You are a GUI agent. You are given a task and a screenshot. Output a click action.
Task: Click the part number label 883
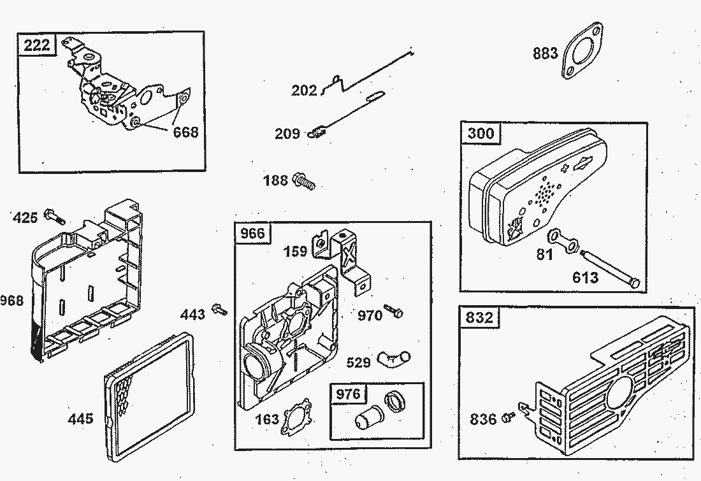coord(546,54)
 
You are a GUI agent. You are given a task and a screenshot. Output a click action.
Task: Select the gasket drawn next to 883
coord(583,51)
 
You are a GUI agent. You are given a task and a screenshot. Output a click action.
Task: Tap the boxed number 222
coord(38,46)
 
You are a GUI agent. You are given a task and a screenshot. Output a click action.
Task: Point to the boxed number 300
coord(481,134)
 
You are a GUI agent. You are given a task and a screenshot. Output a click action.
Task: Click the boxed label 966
coord(252,233)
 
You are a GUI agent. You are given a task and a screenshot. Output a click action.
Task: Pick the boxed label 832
coord(479,317)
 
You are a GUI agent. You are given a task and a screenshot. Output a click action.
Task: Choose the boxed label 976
coord(348,394)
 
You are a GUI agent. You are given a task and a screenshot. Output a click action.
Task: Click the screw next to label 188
coord(305,182)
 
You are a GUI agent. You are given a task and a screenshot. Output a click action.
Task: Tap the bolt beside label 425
coord(54,218)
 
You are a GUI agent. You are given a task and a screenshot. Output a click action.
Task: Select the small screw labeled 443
coord(221,310)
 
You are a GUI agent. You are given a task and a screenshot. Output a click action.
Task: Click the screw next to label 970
coord(397,313)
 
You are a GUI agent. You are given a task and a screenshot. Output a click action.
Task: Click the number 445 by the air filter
coord(81,419)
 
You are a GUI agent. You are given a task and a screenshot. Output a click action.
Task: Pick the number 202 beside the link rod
coord(304,90)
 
